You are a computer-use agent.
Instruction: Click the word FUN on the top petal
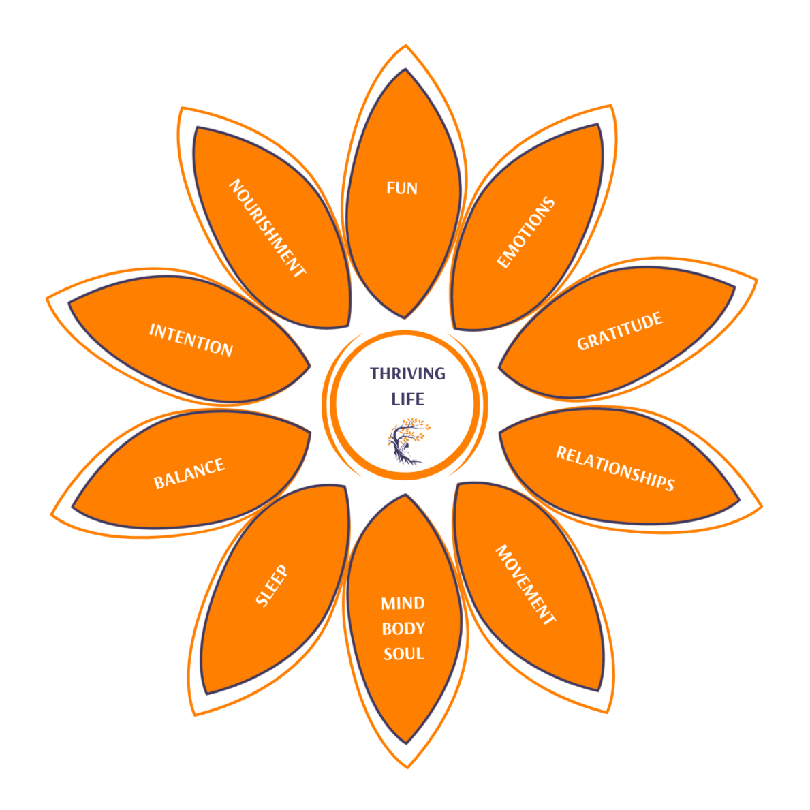click(402, 188)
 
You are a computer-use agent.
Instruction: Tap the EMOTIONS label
click(526, 233)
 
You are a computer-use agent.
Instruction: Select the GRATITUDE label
click(620, 331)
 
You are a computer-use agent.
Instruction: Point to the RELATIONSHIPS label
click(615, 469)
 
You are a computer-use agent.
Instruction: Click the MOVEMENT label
click(525, 584)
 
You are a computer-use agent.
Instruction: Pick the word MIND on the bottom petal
click(403, 603)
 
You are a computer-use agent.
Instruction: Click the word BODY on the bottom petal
click(403, 628)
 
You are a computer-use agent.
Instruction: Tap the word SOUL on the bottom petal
click(403, 654)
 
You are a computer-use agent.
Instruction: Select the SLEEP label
click(272, 585)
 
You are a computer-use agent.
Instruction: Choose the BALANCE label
click(189, 473)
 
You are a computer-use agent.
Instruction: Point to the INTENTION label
click(191, 340)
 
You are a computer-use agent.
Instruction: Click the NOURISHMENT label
click(266, 228)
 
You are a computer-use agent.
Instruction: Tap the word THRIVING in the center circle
click(407, 373)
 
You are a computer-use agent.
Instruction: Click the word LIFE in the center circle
click(407, 399)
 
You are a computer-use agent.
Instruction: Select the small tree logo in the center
click(407, 441)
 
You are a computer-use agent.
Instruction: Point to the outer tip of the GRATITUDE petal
click(736, 286)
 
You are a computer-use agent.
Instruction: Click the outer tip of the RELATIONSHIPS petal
click(740, 503)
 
